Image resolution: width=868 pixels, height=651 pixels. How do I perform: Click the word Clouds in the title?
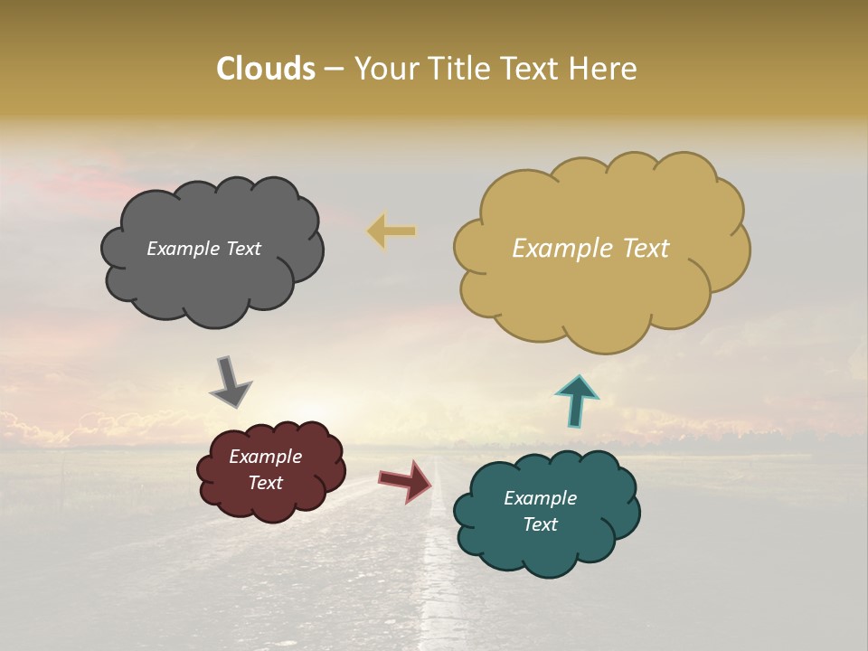tap(265, 69)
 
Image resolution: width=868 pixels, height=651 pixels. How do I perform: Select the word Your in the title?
tap(384, 69)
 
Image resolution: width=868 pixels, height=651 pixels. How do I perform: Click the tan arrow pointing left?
tap(392, 231)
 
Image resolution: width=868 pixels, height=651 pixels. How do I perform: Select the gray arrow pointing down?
tap(230, 382)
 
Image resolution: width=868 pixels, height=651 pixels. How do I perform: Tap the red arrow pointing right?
tap(406, 480)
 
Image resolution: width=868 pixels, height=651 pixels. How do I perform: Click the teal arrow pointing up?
tap(576, 401)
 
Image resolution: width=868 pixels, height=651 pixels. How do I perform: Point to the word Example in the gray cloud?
tap(181, 249)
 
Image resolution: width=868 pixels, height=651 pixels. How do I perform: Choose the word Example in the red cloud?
tap(265, 457)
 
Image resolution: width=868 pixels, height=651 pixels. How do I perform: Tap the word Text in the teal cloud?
tap(541, 524)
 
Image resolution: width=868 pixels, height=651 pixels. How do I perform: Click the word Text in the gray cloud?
tap(242, 249)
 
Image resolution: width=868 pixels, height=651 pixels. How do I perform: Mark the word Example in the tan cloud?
tap(561, 249)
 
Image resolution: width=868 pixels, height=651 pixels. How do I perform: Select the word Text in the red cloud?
tap(265, 483)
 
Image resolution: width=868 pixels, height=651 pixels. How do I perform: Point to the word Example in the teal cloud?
tap(540, 498)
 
